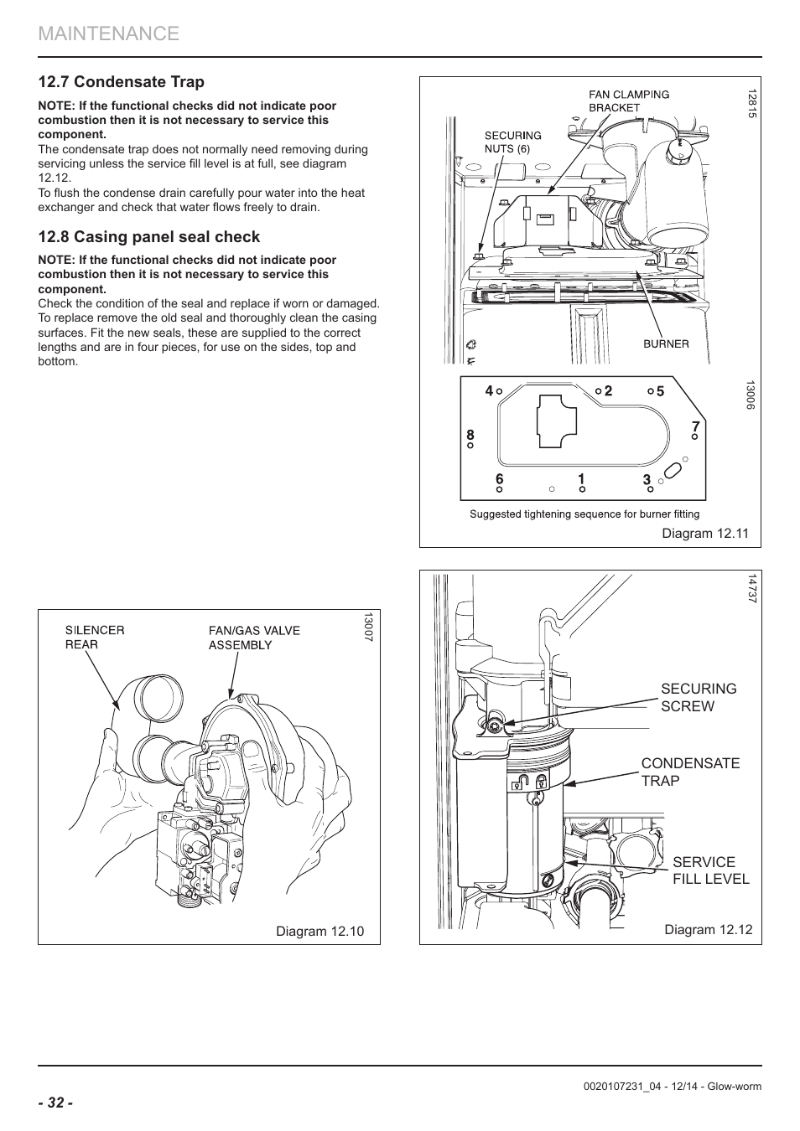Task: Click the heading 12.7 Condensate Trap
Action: (122, 82)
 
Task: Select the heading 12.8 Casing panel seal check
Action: (149, 237)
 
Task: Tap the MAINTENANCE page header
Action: (109, 34)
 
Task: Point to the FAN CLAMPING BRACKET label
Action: (629, 101)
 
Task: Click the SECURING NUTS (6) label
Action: (512, 142)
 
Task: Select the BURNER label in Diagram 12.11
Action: (666, 343)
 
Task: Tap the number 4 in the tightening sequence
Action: (489, 390)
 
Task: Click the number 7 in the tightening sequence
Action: (695, 426)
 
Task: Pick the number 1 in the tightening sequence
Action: (582, 478)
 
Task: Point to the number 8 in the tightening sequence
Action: (470, 435)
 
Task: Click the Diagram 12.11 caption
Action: (705, 533)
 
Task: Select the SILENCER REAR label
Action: (95, 638)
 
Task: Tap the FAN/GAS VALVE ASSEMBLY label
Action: (254, 638)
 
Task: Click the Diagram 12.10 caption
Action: (319, 931)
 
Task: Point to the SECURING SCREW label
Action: (699, 697)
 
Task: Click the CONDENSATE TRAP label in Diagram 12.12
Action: (690, 772)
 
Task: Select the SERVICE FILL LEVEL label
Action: (711, 870)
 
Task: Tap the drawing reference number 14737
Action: (751, 589)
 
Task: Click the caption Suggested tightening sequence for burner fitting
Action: (584, 514)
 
